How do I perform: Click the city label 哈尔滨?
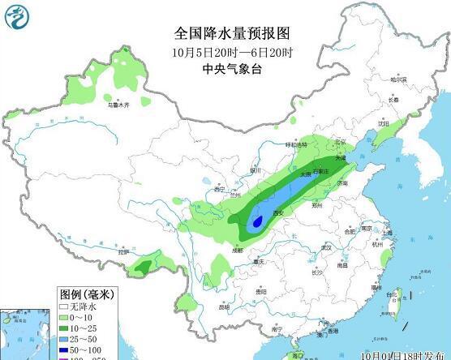coord(398,80)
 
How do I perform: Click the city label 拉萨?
coord(124,252)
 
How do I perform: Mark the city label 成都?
coord(236,251)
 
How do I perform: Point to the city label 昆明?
coord(225,307)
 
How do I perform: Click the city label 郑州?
coord(317,206)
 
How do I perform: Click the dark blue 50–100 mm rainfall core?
coord(257,220)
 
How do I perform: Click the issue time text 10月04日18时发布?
coord(399,354)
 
